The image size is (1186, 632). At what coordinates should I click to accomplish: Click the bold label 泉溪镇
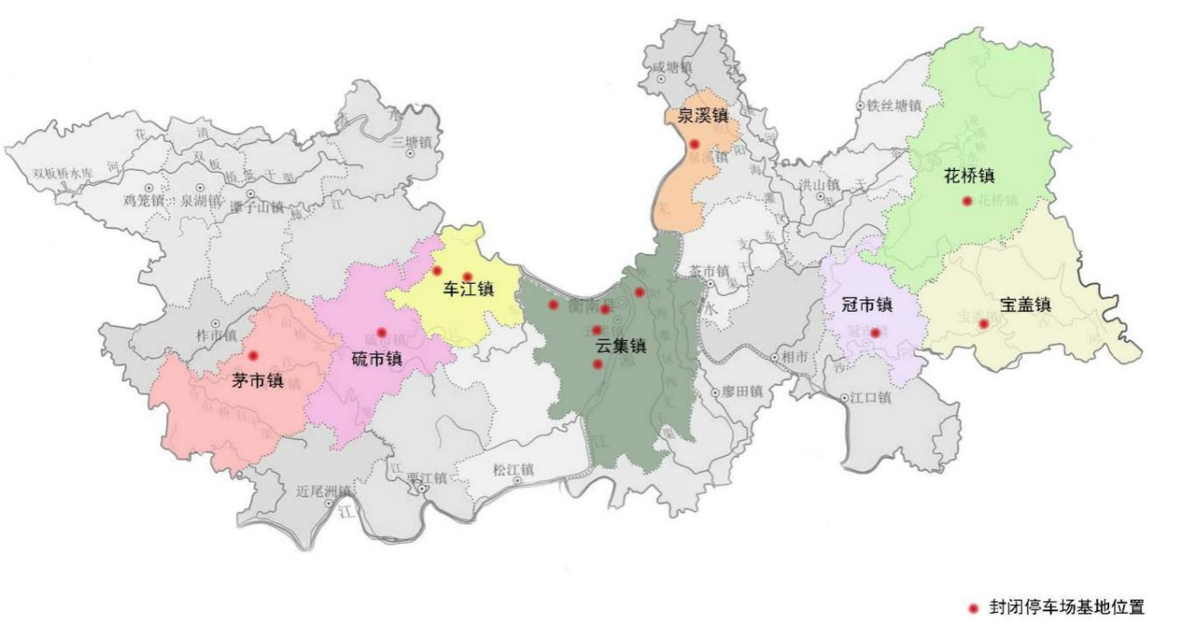(702, 115)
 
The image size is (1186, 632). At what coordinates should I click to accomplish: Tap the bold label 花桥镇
(969, 175)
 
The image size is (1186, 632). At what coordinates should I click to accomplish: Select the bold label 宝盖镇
(1025, 305)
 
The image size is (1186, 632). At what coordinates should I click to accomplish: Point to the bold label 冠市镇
(866, 305)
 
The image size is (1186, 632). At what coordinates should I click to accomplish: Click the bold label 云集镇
(620, 346)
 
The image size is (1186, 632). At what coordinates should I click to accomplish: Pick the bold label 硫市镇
(376, 358)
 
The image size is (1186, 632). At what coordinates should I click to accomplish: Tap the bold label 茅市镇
(258, 381)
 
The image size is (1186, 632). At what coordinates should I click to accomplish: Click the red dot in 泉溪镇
(694, 144)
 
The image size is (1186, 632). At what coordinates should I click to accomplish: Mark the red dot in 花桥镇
(967, 201)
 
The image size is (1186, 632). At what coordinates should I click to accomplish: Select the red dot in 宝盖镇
(983, 324)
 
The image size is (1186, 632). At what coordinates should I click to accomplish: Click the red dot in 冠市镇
(874, 333)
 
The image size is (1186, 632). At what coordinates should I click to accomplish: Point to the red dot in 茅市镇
(253, 355)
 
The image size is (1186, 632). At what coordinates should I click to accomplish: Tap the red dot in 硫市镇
(382, 333)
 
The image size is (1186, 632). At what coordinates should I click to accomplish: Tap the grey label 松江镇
(513, 469)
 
